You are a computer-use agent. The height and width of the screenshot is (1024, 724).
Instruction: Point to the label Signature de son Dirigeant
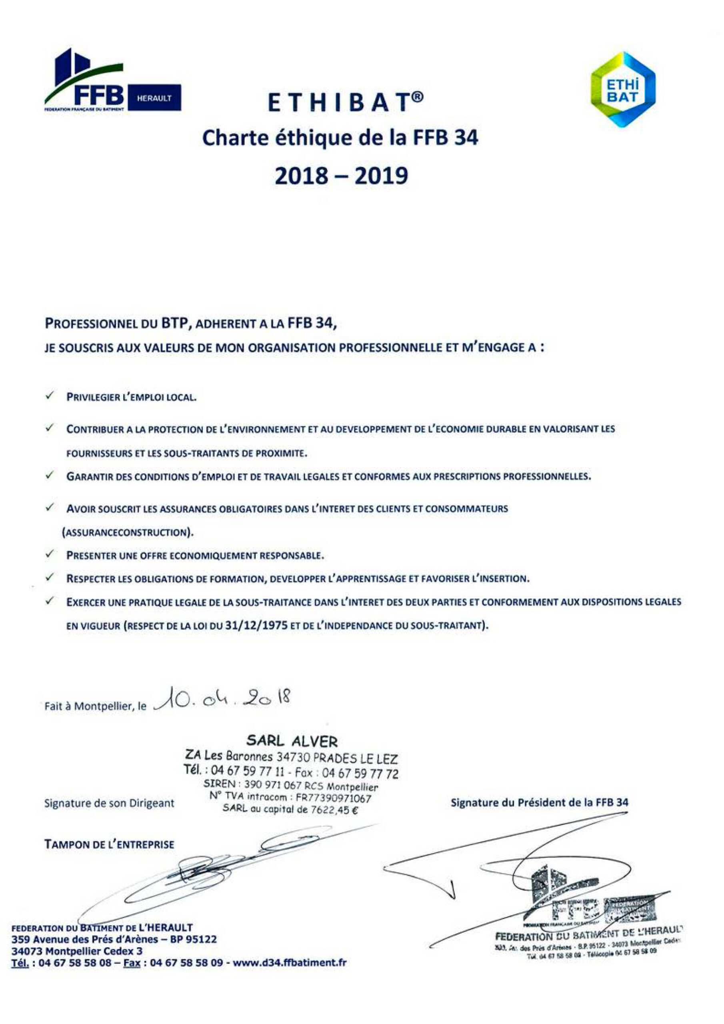pos(109,803)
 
